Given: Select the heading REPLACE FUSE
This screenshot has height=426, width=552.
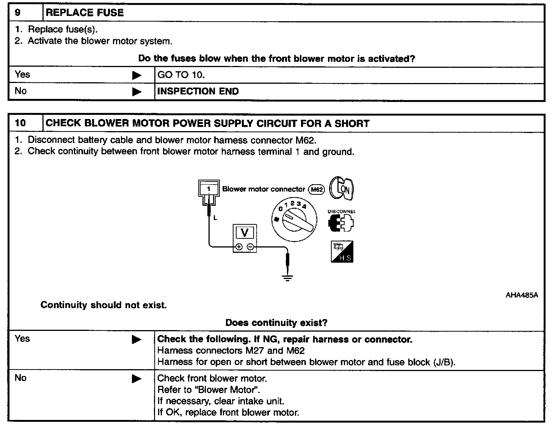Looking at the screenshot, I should tap(85, 13).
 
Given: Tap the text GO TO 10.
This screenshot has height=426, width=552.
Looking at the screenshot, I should tap(181, 75).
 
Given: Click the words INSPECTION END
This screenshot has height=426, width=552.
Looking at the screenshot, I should tap(198, 91).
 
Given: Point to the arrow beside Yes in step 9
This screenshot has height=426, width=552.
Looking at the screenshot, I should tap(137, 75).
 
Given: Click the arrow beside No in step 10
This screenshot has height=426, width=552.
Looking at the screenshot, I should tap(137, 379).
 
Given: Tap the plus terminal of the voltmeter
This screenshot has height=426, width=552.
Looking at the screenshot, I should tap(239, 247).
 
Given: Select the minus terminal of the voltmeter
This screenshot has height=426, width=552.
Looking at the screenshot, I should tap(250, 247).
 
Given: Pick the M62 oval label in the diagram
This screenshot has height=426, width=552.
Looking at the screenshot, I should tap(317, 189).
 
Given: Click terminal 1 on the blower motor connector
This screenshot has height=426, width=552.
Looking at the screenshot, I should tap(208, 188).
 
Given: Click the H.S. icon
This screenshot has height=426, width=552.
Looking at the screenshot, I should tap(342, 252).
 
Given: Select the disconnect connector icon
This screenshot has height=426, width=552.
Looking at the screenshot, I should tap(341, 223).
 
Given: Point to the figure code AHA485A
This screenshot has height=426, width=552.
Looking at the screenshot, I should tap(521, 295).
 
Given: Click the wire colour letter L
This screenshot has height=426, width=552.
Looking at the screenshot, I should tap(215, 218).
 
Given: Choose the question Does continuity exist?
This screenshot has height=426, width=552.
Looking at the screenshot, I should tap(276, 323).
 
